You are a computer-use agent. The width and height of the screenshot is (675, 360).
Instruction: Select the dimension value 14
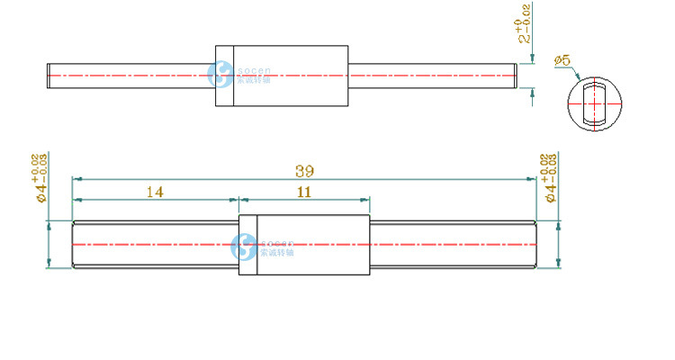[155, 191]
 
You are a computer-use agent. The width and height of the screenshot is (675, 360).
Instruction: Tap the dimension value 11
[303, 191]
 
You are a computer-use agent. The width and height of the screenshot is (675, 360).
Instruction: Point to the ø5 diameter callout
[564, 60]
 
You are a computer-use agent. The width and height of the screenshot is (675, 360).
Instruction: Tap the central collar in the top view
[282, 76]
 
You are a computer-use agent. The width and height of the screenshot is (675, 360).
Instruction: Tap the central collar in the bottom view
[303, 245]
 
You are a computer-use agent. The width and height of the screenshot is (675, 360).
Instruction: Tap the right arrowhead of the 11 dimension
[365, 199]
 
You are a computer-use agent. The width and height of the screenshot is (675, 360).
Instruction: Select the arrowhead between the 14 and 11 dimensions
[238, 199]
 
